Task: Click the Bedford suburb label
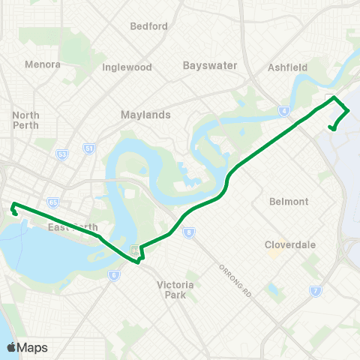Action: click(x=148, y=26)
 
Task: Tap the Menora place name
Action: click(x=43, y=64)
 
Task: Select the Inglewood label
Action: click(x=128, y=67)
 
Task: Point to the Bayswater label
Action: click(x=210, y=65)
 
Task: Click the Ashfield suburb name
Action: click(x=288, y=67)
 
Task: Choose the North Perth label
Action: click(x=26, y=121)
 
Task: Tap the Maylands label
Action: click(x=145, y=115)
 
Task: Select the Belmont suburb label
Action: click(x=289, y=202)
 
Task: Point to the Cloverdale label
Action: click(x=289, y=244)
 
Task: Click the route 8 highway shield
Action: click(x=187, y=232)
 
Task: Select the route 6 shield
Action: click(x=113, y=275)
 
